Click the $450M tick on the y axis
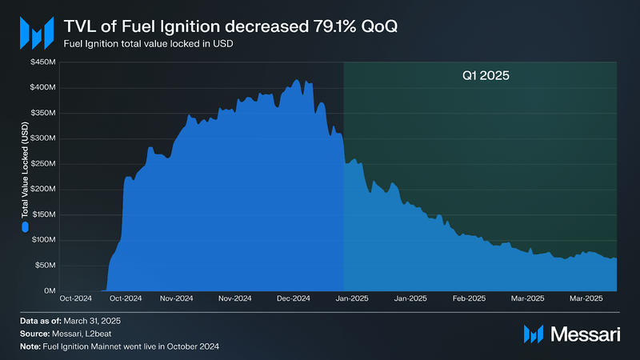coord(43,61)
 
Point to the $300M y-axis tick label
coord(43,138)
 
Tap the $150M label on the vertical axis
coord(43,214)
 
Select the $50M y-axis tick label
coord(45,265)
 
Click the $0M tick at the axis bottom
coord(48,290)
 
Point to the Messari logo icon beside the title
coord(35,33)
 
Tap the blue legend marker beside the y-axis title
coord(25,227)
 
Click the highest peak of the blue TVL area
coord(297,80)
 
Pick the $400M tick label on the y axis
coord(43,86)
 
